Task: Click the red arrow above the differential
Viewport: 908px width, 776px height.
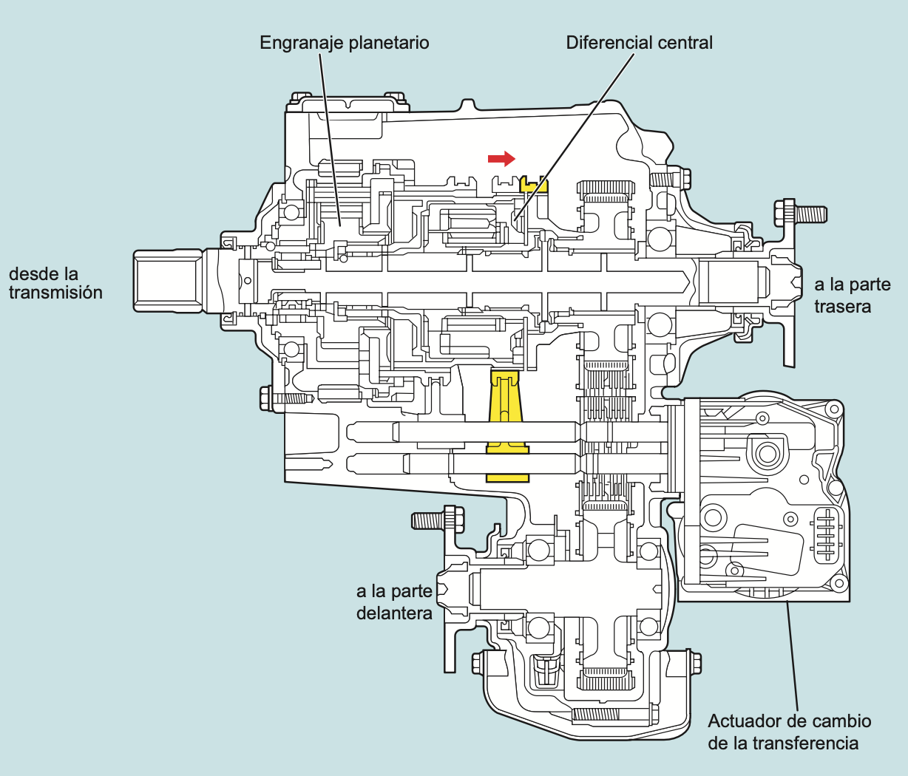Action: point(501,158)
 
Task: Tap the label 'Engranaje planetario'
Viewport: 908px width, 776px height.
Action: point(344,43)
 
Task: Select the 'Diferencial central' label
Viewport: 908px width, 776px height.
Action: point(639,43)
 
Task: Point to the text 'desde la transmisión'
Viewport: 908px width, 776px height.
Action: point(55,283)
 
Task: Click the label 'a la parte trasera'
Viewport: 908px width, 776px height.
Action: point(852,295)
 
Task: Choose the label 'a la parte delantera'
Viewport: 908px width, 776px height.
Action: point(394,602)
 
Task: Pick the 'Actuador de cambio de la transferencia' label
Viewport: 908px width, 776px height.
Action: point(789,732)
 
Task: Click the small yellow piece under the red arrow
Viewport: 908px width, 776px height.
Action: point(534,184)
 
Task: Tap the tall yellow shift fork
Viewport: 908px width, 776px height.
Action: point(506,414)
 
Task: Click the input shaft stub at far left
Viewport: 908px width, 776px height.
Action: point(168,280)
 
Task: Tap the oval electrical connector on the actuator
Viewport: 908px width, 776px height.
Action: point(826,533)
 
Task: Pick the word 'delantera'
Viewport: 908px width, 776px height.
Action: point(394,613)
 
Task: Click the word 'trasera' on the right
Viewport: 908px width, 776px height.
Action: point(842,306)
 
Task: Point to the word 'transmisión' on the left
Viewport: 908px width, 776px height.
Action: point(55,293)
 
